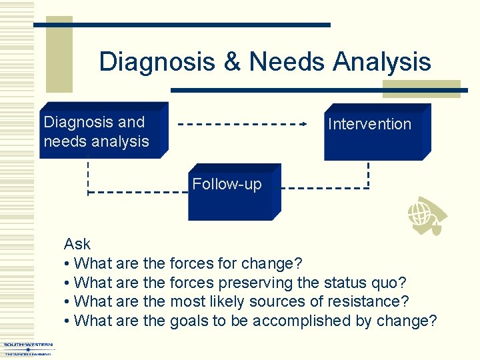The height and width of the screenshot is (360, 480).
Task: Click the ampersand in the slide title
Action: click(x=231, y=62)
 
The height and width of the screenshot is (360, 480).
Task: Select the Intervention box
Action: click(x=377, y=133)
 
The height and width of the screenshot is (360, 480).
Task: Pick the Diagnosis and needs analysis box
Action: click(x=103, y=131)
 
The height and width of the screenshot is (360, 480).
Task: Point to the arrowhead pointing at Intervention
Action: click(x=303, y=124)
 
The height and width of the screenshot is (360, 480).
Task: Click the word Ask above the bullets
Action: click(x=77, y=245)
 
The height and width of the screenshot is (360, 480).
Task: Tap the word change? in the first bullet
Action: click(x=272, y=263)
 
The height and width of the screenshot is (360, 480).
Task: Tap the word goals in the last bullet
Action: click(x=189, y=321)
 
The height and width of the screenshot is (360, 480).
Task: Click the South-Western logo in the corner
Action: click(x=28, y=349)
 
